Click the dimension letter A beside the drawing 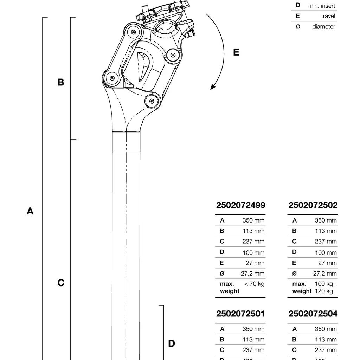30,211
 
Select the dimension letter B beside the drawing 61,82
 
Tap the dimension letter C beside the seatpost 61,283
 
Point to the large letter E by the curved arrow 236,52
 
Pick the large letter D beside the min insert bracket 172,343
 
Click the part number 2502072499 240,205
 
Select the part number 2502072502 313,205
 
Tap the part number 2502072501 240,314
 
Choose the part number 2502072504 313,314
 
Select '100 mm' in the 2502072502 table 326,252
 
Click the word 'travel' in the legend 328,16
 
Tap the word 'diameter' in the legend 323,27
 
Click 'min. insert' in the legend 321,6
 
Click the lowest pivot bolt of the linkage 152,101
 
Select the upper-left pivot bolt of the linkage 133,32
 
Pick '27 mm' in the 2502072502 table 327,263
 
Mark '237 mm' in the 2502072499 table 253,242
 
